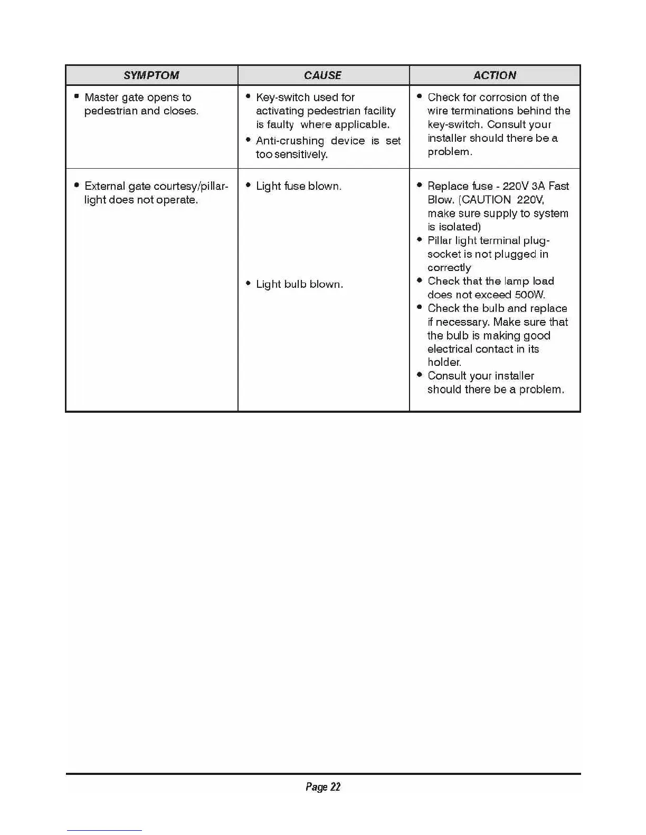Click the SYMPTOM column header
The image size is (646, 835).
pyautogui.click(x=151, y=75)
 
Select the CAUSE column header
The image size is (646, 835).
pyautogui.click(x=322, y=75)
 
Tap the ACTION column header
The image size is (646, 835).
pyautogui.click(x=495, y=75)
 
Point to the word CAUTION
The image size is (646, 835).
pyautogui.click(x=487, y=200)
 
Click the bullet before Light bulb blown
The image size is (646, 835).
pyautogui.click(x=248, y=284)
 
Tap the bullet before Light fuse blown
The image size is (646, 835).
pyautogui.click(x=248, y=186)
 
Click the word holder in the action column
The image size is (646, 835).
pyautogui.click(x=444, y=362)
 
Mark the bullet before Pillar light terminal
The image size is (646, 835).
pyautogui.click(x=419, y=240)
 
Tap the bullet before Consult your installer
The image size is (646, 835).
pyautogui.click(x=419, y=375)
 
